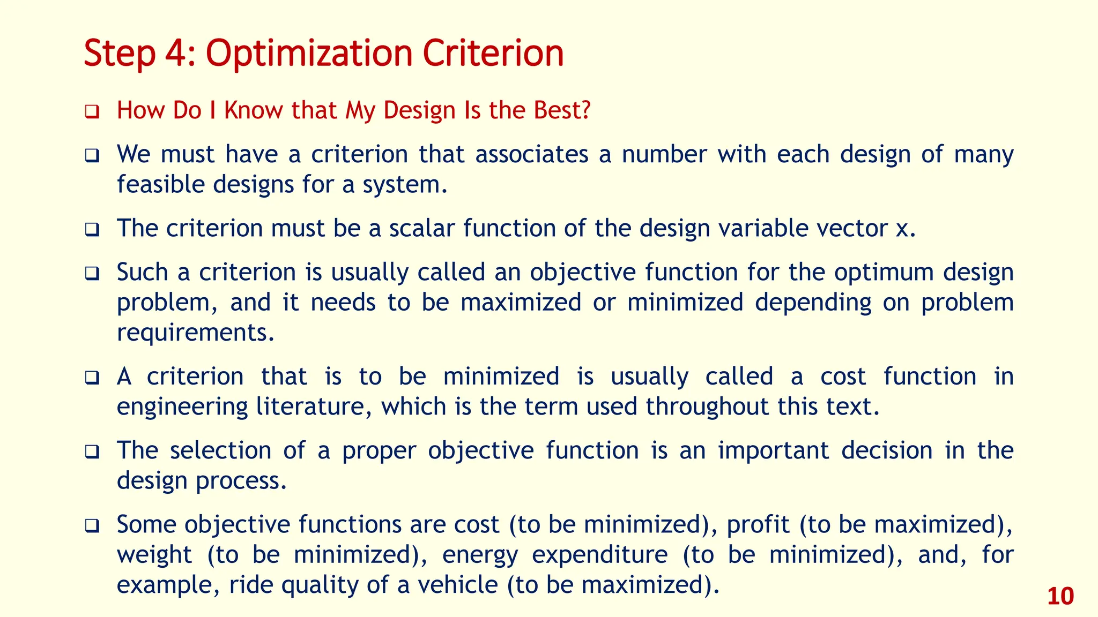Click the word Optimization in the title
309,54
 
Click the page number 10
1060,597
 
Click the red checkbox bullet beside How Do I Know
92,112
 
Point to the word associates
531,155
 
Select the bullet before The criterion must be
92,230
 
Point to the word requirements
195,333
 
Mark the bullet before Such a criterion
92,274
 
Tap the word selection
220,450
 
